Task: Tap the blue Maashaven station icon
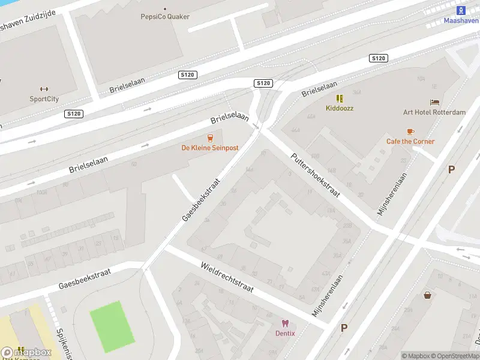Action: point(461,10)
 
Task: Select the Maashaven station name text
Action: point(460,20)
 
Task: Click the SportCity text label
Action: point(44,99)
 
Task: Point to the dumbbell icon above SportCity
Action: point(44,89)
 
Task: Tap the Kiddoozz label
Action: point(340,109)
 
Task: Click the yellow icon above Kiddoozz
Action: point(340,98)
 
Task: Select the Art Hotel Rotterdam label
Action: point(434,112)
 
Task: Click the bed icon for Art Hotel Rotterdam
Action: point(434,103)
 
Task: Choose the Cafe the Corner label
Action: point(410,142)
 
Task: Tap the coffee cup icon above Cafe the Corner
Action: point(410,131)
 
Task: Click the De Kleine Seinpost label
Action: point(210,148)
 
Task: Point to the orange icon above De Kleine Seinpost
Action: point(210,137)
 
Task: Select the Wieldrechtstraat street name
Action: point(227,277)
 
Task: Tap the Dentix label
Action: point(285,334)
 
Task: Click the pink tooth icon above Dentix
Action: point(285,323)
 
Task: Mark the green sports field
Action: point(112,326)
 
